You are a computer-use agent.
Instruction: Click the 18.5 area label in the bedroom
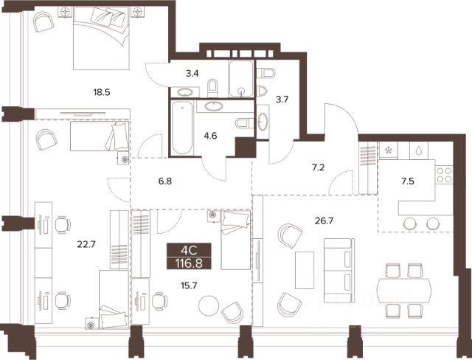click(102, 92)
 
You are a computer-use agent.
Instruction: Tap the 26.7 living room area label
click(324, 221)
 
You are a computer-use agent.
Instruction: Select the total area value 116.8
click(189, 263)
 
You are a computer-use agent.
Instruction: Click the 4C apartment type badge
click(189, 250)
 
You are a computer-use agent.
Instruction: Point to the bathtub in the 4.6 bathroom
click(182, 128)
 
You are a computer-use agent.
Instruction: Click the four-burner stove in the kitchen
click(444, 175)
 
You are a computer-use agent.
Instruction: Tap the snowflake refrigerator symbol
click(389, 150)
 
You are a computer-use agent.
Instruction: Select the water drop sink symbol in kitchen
click(419, 150)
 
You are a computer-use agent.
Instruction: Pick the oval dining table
click(404, 291)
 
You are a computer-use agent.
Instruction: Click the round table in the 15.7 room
click(209, 306)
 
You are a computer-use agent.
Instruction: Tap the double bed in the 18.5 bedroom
click(102, 38)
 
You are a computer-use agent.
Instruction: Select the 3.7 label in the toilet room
click(282, 99)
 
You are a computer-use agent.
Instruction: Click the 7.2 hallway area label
click(318, 167)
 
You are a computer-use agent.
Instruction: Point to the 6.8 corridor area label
click(165, 181)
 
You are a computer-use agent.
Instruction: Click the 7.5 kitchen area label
click(408, 181)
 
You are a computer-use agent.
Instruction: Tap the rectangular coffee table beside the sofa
click(305, 270)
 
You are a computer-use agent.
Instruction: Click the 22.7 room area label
click(86, 244)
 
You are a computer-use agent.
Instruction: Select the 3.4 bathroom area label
click(192, 73)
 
